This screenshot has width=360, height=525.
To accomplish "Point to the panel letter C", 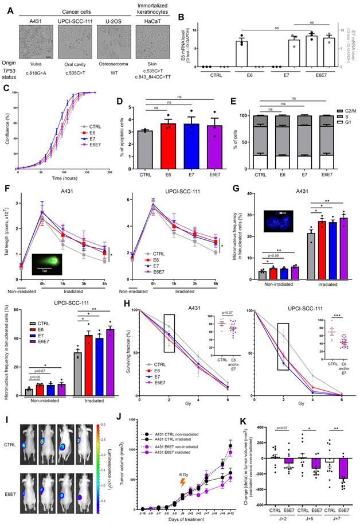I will pos(6,88).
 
